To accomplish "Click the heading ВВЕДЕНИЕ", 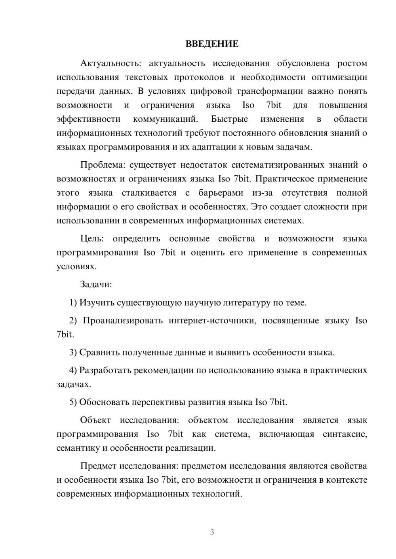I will pyautogui.click(x=212, y=44).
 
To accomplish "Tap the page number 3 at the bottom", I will pyautogui.click(x=212, y=532).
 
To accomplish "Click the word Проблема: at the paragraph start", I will pyautogui.click(x=102, y=165).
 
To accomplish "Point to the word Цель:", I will pyautogui.click(x=92, y=238).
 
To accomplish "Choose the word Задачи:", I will pyautogui.click(x=96, y=284).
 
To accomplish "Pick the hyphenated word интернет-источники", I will pyautogui.click(x=210, y=321).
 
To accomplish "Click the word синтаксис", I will pyautogui.click(x=345, y=434).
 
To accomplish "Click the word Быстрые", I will pyautogui.click(x=229, y=119).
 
